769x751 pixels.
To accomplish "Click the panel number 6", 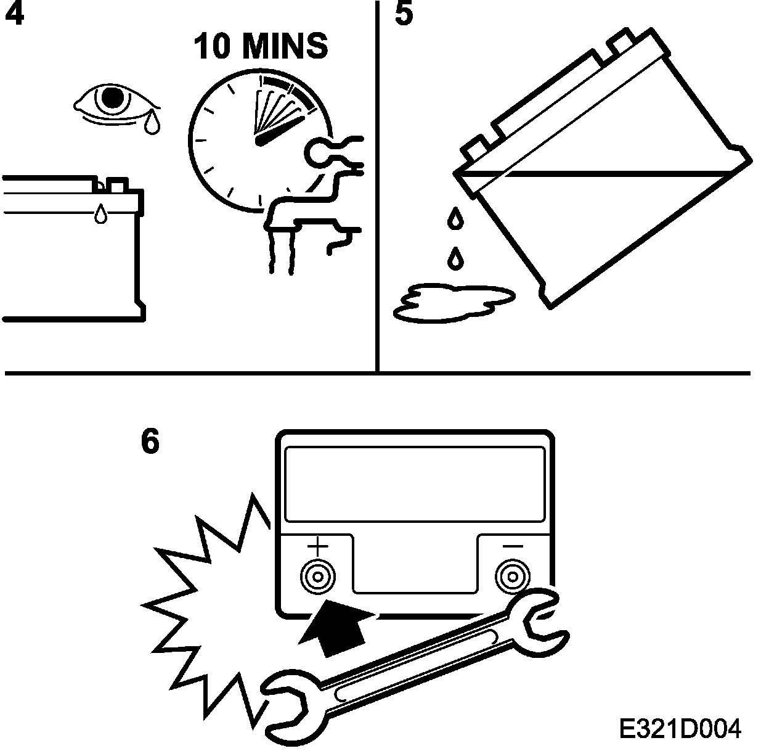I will pyautogui.click(x=150, y=441).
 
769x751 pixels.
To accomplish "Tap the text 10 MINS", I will pyautogui.click(x=261, y=46).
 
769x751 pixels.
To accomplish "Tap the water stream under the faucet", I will pyautogui.click(x=281, y=250).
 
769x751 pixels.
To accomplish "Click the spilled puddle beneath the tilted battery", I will pyautogui.click(x=453, y=302).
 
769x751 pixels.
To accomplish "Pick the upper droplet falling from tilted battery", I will pyautogui.click(x=455, y=218).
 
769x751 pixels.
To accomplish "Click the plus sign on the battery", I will pyautogui.click(x=318, y=546).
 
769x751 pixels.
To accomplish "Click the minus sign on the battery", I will pyautogui.click(x=513, y=546).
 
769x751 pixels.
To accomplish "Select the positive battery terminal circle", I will pyautogui.click(x=318, y=577).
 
